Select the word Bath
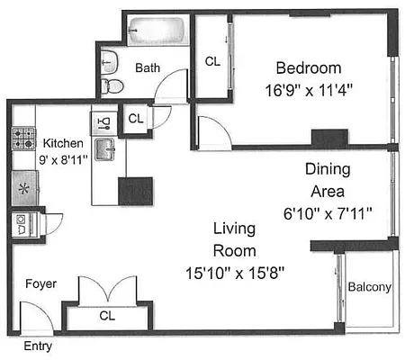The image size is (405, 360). (x=148, y=67)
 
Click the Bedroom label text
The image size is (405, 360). (x=309, y=68)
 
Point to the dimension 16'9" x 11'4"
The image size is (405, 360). (x=309, y=89)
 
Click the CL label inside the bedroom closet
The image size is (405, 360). (x=212, y=61)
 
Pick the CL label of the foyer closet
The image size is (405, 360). (x=107, y=316)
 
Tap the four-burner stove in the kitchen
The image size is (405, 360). (x=22, y=138)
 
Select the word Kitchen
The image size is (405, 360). (x=63, y=143)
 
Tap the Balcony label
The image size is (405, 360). (x=369, y=287)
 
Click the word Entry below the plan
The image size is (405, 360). (x=37, y=346)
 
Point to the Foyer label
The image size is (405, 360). (x=40, y=284)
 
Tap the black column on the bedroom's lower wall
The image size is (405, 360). (x=329, y=139)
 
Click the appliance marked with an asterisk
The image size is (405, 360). (x=22, y=188)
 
